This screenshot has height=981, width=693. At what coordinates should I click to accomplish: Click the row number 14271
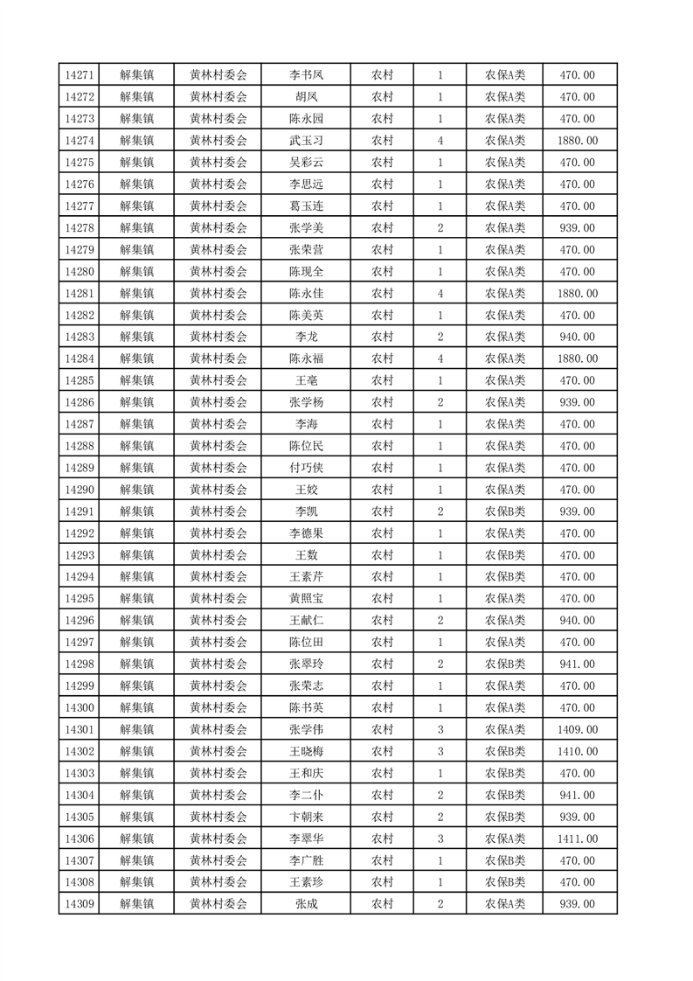[80, 75]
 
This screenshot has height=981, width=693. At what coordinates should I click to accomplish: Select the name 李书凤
[306, 75]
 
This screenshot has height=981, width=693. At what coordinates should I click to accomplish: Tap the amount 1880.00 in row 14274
[577, 141]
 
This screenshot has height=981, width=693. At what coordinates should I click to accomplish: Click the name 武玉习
[306, 141]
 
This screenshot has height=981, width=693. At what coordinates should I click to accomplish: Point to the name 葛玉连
[306, 206]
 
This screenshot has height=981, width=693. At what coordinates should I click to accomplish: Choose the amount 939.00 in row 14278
[577, 228]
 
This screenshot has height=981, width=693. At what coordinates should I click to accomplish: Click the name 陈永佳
[306, 294]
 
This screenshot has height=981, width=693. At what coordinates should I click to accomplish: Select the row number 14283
[80, 337]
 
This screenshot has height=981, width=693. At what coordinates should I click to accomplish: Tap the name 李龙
[306, 337]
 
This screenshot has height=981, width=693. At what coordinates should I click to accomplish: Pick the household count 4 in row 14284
[440, 358]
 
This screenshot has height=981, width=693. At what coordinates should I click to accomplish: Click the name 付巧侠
[306, 468]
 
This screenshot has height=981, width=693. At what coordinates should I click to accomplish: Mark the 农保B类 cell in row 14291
[505, 511]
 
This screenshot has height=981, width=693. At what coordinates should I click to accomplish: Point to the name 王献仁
[306, 620]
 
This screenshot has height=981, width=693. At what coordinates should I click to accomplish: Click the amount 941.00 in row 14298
[577, 664]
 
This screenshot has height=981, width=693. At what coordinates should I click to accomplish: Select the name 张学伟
[306, 729]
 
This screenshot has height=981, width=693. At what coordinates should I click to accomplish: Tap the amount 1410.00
[577, 751]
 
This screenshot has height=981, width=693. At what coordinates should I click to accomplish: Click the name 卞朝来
[306, 817]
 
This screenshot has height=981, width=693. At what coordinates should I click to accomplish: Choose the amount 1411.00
[577, 838]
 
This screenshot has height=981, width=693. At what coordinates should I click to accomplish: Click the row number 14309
[80, 904]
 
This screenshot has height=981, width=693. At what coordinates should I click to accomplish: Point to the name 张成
[306, 904]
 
